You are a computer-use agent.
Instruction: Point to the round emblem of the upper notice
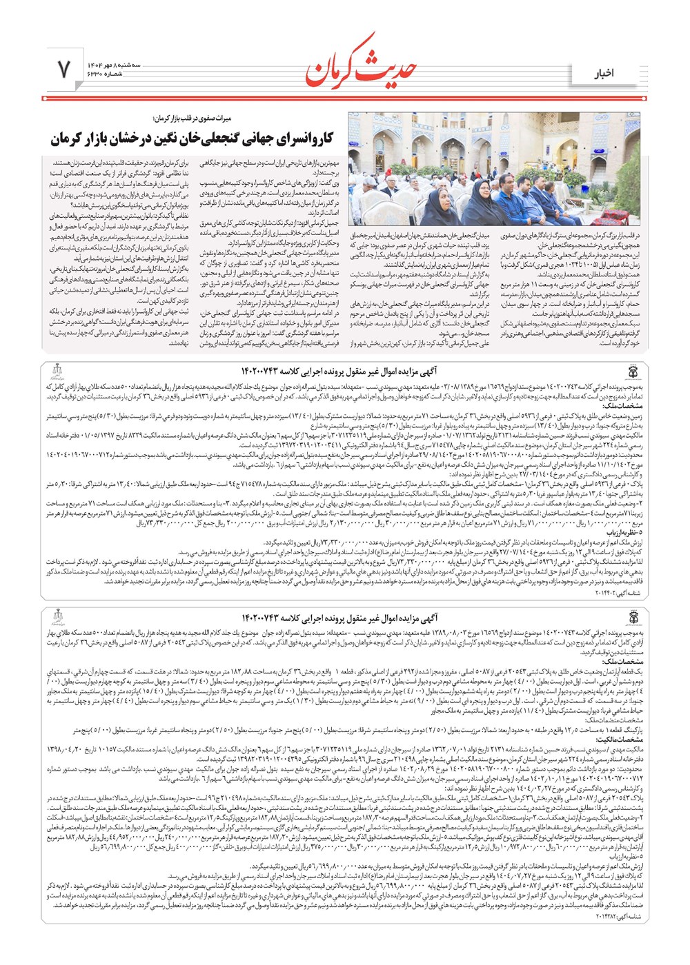click(x=632, y=373)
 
